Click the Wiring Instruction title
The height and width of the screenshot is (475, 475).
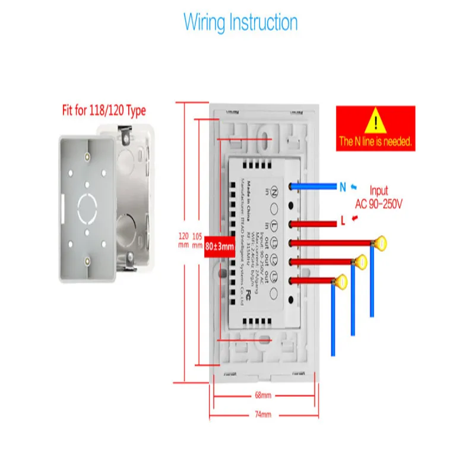click(x=240, y=23)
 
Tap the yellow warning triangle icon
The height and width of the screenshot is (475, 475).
click(x=375, y=122)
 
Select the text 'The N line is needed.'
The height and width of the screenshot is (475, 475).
click(x=375, y=142)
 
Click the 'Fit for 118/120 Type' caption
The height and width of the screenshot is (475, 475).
click(x=104, y=110)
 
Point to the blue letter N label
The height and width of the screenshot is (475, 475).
click(x=343, y=187)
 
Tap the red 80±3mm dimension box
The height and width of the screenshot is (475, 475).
click(x=220, y=244)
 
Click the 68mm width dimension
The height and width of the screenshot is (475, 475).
click(x=263, y=395)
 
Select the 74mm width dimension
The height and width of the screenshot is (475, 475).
click(x=263, y=414)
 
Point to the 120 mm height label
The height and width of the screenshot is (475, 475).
click(x=183, y=240)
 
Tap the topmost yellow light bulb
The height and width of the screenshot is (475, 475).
click(x=379, y=242)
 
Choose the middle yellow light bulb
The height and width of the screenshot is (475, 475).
click(x=360, y=260)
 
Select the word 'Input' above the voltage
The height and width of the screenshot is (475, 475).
click(x=379, y=191)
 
